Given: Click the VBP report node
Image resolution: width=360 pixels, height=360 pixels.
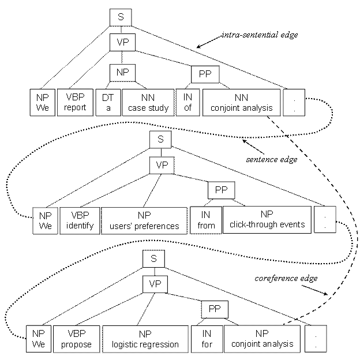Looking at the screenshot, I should click(75, 102).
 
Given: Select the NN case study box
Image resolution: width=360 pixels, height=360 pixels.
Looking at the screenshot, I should click(148, 102).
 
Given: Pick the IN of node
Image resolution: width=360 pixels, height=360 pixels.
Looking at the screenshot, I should click(185, 102).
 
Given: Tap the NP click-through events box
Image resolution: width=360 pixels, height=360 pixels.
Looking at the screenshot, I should click(267, 219).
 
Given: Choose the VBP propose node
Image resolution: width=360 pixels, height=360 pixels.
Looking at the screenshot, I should click(76, 339).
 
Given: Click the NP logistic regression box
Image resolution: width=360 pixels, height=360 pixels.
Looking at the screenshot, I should click(145, 339).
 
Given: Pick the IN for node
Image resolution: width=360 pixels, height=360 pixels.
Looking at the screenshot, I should click(208, 339).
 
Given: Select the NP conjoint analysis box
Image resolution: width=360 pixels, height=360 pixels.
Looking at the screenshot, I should click(262, 339).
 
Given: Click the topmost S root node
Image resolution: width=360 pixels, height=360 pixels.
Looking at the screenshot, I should click(121, 17).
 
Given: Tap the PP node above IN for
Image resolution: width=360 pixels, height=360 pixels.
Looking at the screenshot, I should click(214, 309).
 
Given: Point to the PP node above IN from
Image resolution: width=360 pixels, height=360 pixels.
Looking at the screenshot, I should click(221, 190).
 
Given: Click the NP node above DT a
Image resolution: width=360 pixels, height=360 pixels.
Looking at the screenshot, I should click(122, 73).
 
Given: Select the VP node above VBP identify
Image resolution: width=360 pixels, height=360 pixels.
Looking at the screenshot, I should click(162, 165).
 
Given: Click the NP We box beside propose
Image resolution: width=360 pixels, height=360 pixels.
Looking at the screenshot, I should click(38, 339).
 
